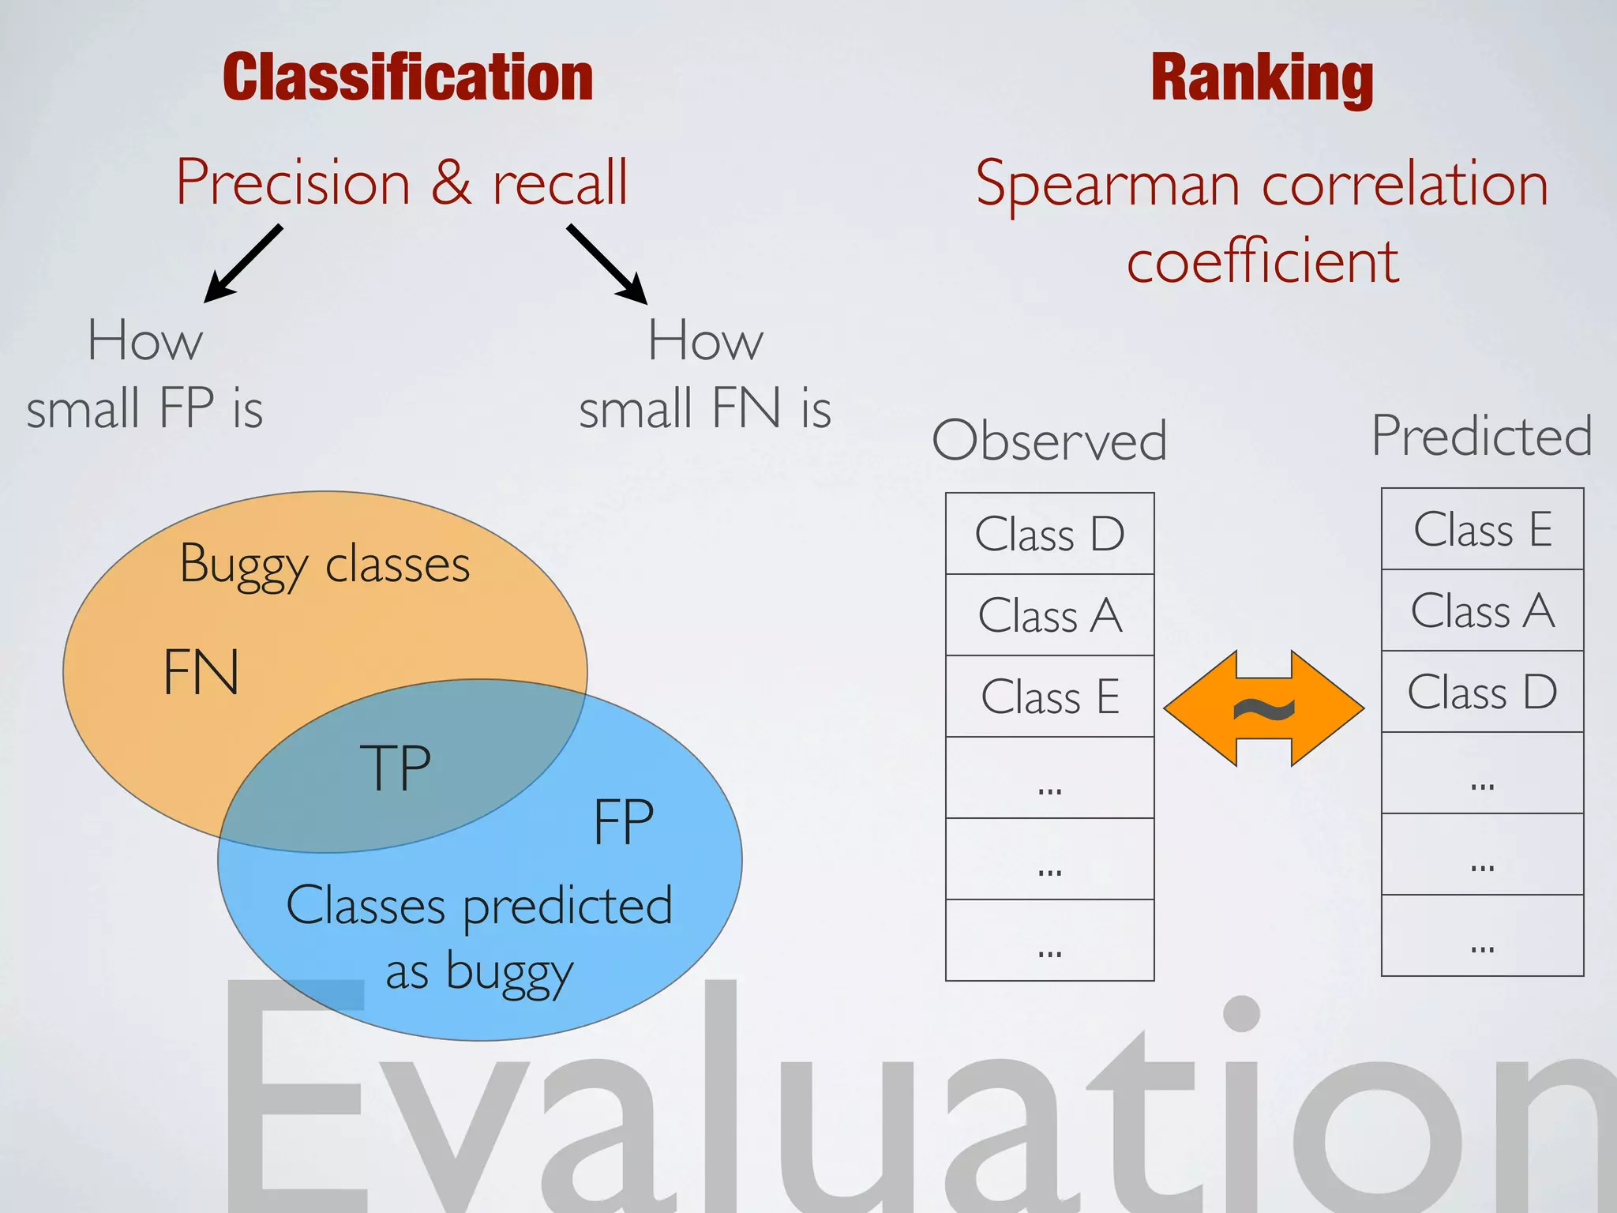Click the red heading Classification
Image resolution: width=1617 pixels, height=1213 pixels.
[x=407, y=77]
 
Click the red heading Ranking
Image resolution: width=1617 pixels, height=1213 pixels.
[x=1262, y=77]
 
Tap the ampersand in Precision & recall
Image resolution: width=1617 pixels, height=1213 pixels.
[x=451, y=182]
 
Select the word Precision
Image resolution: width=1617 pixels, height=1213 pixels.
[x=293, y=182]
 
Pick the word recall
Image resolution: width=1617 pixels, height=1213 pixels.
[x=560, y=182]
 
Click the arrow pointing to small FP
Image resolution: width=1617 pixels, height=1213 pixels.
[x=242, y=264]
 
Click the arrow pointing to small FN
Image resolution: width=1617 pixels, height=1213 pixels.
[x=607, y=264]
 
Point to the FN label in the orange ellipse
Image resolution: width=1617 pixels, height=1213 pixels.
[x=201, y=672]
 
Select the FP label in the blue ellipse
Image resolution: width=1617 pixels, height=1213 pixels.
[x=623, y=822]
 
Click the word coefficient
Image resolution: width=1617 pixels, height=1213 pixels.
[x=1262, y=261]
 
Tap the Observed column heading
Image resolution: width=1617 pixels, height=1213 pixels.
[x=1049, y=440]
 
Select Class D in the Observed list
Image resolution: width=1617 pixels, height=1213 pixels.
[x=1049, y=534]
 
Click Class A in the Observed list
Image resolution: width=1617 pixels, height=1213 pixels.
[x=1049, y=615]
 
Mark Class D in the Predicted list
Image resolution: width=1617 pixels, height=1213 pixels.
[x=1482, y=692]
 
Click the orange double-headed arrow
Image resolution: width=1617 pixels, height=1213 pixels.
[x=1263, y=708]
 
